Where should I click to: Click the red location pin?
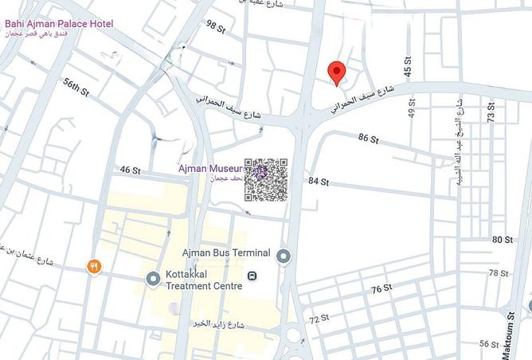[x=337, y=72]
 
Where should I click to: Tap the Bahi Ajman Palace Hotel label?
[x=59, y=24]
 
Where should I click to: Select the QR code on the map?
[x=266, y=180]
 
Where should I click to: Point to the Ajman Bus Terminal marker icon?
[x=284, y=256]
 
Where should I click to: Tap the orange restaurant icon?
[x=94, y=267]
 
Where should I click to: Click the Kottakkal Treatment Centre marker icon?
[x=153, y=278]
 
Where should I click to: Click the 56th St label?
[x=77, y=87]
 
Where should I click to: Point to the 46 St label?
[x=130, y=170]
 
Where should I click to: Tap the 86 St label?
[x=368, y=139]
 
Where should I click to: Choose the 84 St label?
[x=319, y=182]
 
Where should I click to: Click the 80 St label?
[x=503, y=240]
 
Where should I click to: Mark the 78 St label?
[x=499, y=273]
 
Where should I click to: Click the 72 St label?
[x=319, y=319]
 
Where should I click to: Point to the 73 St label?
[x=491, y=111]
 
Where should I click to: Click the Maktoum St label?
[x=510, y=327]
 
